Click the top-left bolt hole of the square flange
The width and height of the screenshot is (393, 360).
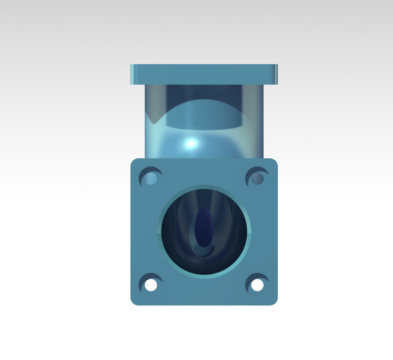(x=152, y=179)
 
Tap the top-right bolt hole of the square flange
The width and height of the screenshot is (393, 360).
(x=257, y=179)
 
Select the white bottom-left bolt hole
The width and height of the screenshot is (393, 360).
(x=151, y=285)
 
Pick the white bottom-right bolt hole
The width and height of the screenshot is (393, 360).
(x=257, y=285)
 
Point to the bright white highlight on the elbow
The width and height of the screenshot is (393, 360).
(x=191, y=142)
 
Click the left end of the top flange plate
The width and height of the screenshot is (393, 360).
(x=133, y=74)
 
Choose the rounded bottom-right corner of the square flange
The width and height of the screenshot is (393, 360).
(x=274, y=301)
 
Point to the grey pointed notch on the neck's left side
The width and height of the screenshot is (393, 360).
(x=154, y=118)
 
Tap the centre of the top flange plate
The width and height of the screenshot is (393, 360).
(x=204, y=74)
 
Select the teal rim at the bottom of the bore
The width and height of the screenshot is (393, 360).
(x=204, y=275)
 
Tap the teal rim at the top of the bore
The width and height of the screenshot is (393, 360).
(x=204, y=187)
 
